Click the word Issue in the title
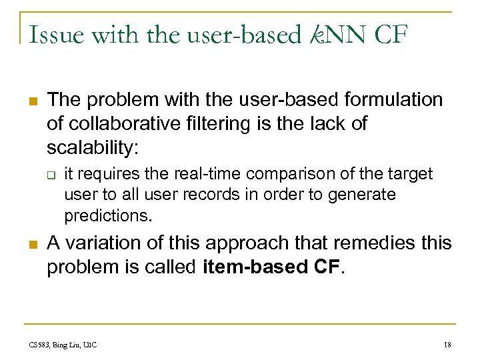coord(50,33)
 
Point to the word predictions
coord(108,216)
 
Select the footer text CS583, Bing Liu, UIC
coord(63,344)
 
